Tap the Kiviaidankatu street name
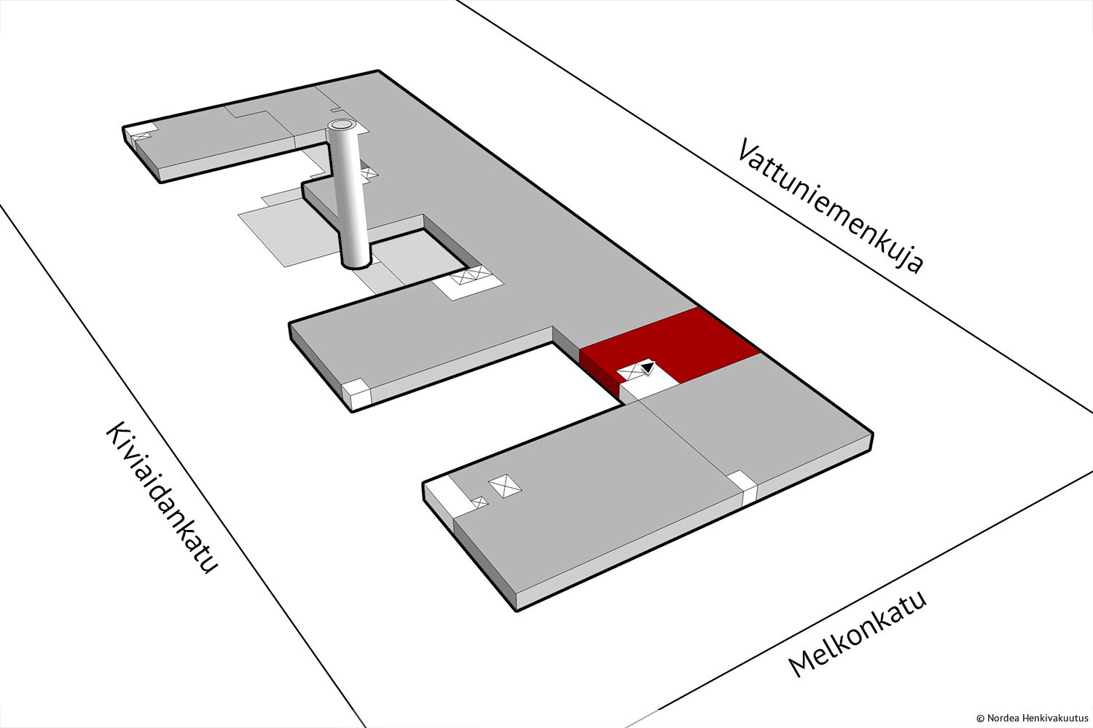[161, 497]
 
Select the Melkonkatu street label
[857, 635]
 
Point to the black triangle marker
[648, 367]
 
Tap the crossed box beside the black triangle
[630, 373]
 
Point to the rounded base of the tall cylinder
[356, 264]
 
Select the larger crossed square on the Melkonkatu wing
[505, 486]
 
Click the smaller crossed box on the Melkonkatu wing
[479, 502]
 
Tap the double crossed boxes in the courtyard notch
[469, 275]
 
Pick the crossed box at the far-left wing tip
[141, 136]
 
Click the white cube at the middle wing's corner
[356, 394]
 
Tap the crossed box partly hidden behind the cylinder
[369, 173]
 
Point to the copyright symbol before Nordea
[980, 719]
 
